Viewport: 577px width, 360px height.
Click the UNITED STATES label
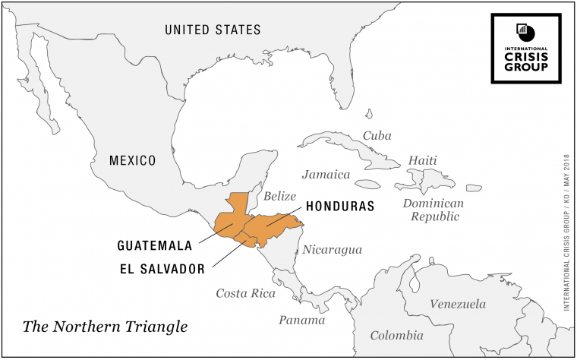pyautogui.click(x=213, y=30)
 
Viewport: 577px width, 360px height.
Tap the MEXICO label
pyautogui.click(x=132, y=161)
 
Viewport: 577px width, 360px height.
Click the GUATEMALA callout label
pyautogui.click(x=153, y=246)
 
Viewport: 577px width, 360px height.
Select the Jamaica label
pyautogui.click(x=326, y=175)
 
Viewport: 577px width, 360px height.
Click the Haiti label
pyautogui.click(x=423, y=161)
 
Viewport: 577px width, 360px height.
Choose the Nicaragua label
pyautogui.click(x=333, y=249)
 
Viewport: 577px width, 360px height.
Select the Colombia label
pyautogui.click(x=396, y=335)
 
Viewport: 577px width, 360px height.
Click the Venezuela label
pyautogui.click(x=458, y=305)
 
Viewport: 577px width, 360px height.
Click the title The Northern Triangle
pyautogui.click(x=105, y=327)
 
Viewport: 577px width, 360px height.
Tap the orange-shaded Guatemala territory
pyautogui.click(x=232, y=220)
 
